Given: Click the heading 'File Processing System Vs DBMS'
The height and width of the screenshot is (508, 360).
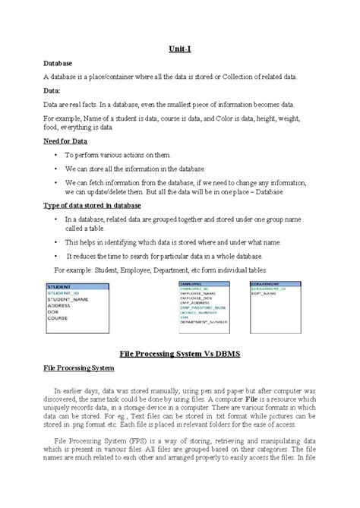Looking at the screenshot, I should [x=180, y=353].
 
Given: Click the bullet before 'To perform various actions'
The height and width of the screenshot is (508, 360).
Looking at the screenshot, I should [x=56, y=155].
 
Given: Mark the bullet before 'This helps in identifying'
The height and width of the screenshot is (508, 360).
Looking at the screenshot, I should [x=56, y=241].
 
